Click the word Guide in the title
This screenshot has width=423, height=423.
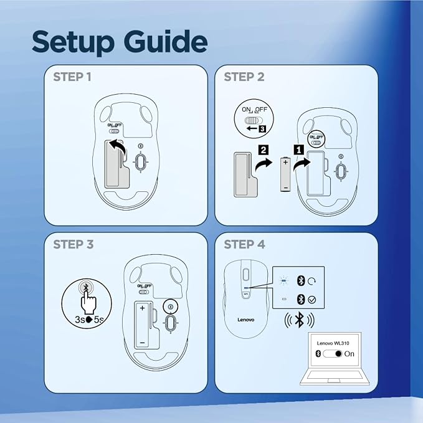tap(166, 41)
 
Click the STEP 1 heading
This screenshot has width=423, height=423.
tap(72, 77)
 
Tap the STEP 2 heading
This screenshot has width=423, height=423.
tap(244, 77)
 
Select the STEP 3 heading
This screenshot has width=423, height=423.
tap(73, 244)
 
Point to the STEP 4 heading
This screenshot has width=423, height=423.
tap(244, 244)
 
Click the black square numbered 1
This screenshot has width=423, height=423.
tap(298, 150)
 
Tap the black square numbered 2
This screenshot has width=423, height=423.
tap(264, 150)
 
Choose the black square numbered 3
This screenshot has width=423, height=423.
tap(262, 129)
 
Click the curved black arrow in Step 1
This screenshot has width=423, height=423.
tap(119, 146)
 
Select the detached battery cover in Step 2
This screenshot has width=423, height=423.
tap(245, 174)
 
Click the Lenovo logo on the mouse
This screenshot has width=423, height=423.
tap(245, 320)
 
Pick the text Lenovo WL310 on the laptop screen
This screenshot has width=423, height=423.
tap(333, 343)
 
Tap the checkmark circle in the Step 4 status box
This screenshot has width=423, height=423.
tap(312, 300)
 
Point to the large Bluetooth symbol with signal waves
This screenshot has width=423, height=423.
tap(299, 320)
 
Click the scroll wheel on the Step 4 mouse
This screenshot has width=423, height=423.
tap(245, 275)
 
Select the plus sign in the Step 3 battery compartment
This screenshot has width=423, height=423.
tap(142, 308)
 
